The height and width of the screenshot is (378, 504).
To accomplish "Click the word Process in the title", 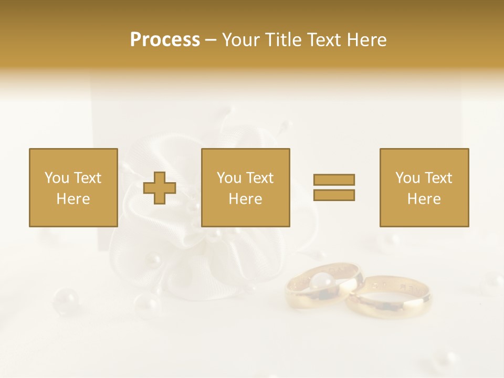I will coord(165,40).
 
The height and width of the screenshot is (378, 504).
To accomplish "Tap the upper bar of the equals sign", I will coord(334,180).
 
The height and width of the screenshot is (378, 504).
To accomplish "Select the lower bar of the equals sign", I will coord(334,195).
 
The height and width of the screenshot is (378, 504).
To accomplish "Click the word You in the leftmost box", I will coord(57,178).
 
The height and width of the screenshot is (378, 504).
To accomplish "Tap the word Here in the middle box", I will coord(245,199).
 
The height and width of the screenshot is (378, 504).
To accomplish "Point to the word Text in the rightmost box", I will coord(438,178).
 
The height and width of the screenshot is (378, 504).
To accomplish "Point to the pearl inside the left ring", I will coord(322,281).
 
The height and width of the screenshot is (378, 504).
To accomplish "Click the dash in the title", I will coord(211,40).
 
